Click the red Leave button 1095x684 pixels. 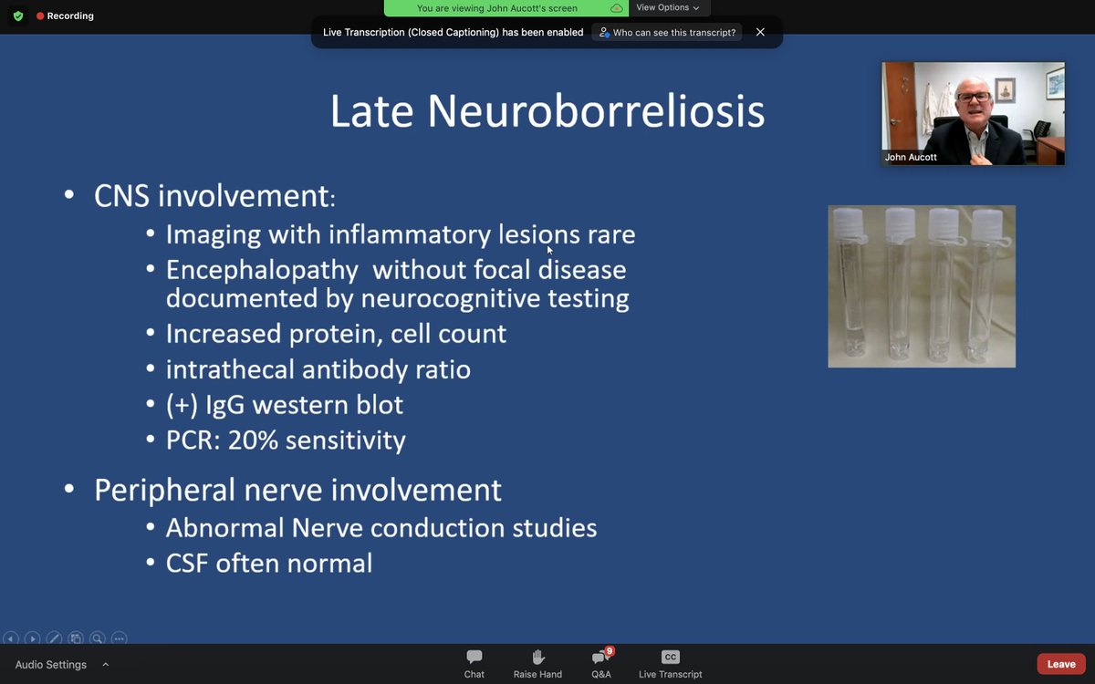[1060, 664]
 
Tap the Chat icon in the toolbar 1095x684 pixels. [474, 658]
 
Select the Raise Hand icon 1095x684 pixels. [537, 658]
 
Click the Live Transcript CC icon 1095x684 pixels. [670, 658]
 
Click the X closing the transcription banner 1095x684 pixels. [760, 32]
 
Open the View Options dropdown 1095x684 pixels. [668, 8]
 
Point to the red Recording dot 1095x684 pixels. [40, 16]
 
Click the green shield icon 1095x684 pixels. [18, 16]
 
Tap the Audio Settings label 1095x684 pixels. [51, 665]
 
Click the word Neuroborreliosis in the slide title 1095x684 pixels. [596, 111]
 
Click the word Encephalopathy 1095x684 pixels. [262, 271]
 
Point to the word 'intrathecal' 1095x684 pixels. [230, 369]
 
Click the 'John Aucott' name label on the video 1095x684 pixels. [911, 157]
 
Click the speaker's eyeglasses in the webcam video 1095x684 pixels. [974, 97]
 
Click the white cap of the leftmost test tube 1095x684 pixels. [848, 223]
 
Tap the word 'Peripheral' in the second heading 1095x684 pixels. [165, 490]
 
